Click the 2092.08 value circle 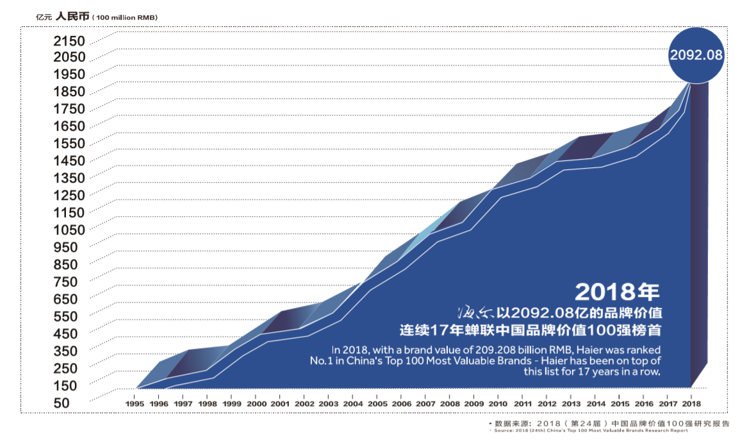696,56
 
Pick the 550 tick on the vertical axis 66,315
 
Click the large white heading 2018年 617,292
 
